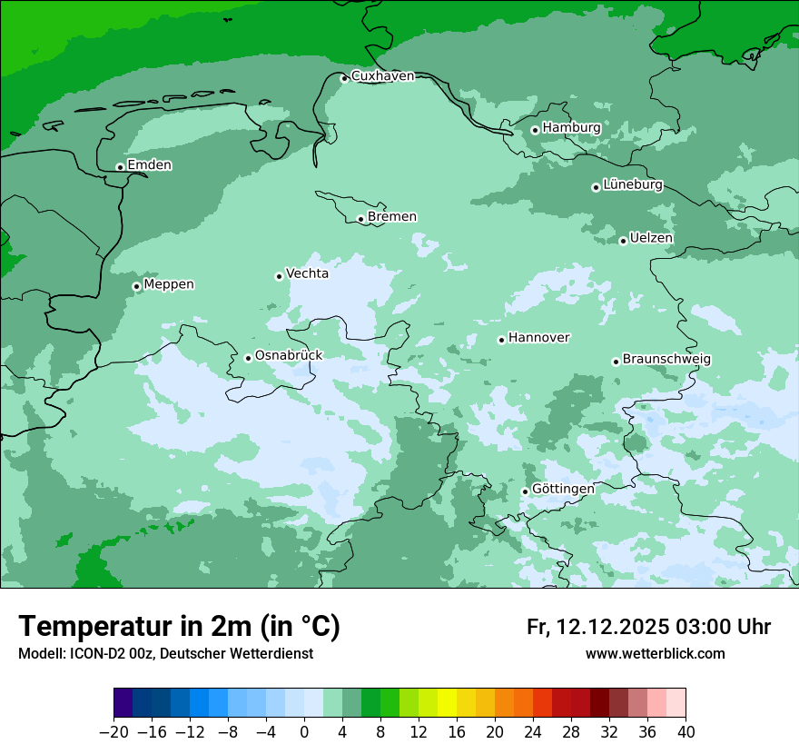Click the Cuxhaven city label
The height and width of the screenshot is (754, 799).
[382, 76]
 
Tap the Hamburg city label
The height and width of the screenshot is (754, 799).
[571, 128]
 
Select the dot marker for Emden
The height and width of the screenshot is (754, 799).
[120, 167]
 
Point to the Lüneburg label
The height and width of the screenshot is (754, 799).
[632, 185]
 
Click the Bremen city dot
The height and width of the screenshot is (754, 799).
[360, 219]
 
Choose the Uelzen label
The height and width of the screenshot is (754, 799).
[651, 239]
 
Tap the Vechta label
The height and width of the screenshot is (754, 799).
[307, 273]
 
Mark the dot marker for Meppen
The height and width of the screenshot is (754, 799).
[136, 286]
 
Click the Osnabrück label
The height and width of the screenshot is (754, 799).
[288, 356]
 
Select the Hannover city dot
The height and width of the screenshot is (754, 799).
[501, 340]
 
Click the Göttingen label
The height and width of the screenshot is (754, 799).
[563, 490]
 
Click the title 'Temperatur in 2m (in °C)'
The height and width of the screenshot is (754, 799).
[179, 627]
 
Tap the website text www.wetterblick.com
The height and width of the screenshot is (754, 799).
[655, 654]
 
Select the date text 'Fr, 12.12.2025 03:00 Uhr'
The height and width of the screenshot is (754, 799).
[648, 627]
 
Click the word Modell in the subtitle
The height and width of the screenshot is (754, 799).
[40, 654]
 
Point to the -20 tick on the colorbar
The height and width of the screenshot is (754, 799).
[113, 732]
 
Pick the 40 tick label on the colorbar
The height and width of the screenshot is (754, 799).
[686, 732]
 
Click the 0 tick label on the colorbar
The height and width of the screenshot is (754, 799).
[304, 732]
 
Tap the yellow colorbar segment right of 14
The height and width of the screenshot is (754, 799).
[447, 703]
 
